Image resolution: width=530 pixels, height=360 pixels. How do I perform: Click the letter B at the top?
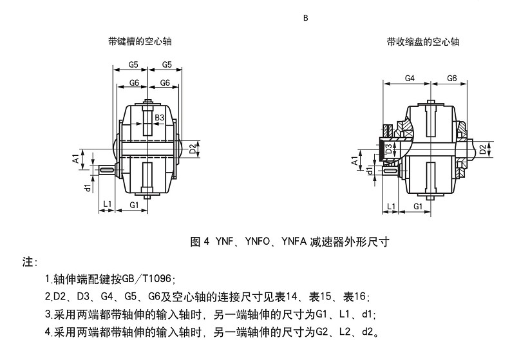[x=306, y=18]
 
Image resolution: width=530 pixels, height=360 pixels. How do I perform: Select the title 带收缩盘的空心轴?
[x=422, y=42]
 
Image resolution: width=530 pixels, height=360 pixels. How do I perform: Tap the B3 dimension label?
[x=161, y=117]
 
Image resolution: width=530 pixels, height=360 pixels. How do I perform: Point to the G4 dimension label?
[x=409, y=78]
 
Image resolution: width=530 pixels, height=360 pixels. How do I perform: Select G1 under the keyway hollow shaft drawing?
[x=135, y=204]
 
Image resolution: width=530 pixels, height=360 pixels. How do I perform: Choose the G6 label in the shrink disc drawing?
[x=452, y=78]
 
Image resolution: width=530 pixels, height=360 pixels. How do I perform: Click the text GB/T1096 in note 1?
[x=146, y=279]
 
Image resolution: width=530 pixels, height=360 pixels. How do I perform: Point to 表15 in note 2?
[x=319, y=297]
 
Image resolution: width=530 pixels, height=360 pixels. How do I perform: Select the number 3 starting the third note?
[x=48, y=315]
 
